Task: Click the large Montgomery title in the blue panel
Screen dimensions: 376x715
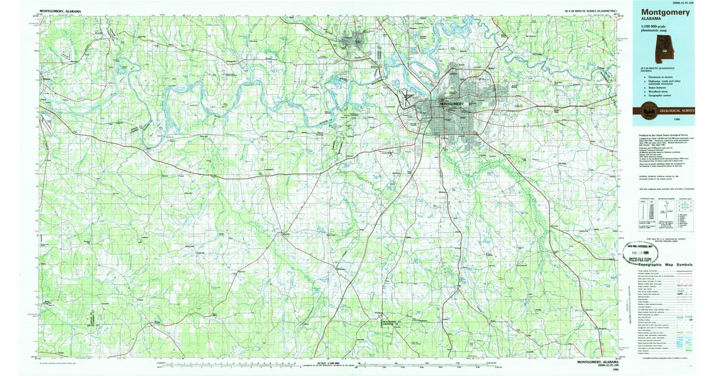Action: tap(666, 12)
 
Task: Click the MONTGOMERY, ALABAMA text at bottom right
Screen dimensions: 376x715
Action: tap(598, 362)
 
